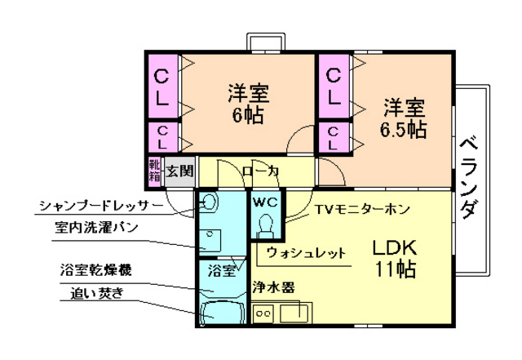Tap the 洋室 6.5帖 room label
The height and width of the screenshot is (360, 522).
(x=402, y=118)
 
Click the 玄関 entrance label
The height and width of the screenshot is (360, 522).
(x=180, y=171)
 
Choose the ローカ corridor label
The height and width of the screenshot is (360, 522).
(x=261, y=171)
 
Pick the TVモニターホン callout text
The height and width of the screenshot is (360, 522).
(x=363, y=208)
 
